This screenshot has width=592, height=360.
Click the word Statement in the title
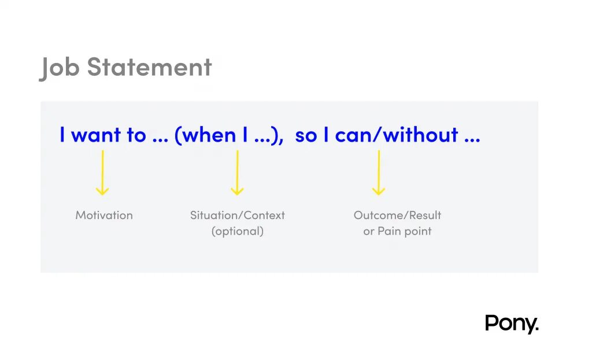pos(149,67)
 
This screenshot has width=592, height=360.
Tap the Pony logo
pos(511,324)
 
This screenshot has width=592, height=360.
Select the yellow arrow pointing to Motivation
pos(102,173)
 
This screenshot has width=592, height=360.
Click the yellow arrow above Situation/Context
pos(236,173)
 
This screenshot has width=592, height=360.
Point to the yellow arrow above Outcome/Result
pos(379,173)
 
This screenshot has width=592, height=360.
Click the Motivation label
pos(104,215)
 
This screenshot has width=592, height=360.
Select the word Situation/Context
pos(237,215)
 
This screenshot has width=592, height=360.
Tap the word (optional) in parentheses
pos(237,231)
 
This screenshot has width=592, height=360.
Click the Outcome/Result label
pos(397,215)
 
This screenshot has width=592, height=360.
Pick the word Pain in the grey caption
pos(388,231)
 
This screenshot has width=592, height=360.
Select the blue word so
pos(306,136)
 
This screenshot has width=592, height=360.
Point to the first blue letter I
pos(62,135)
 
